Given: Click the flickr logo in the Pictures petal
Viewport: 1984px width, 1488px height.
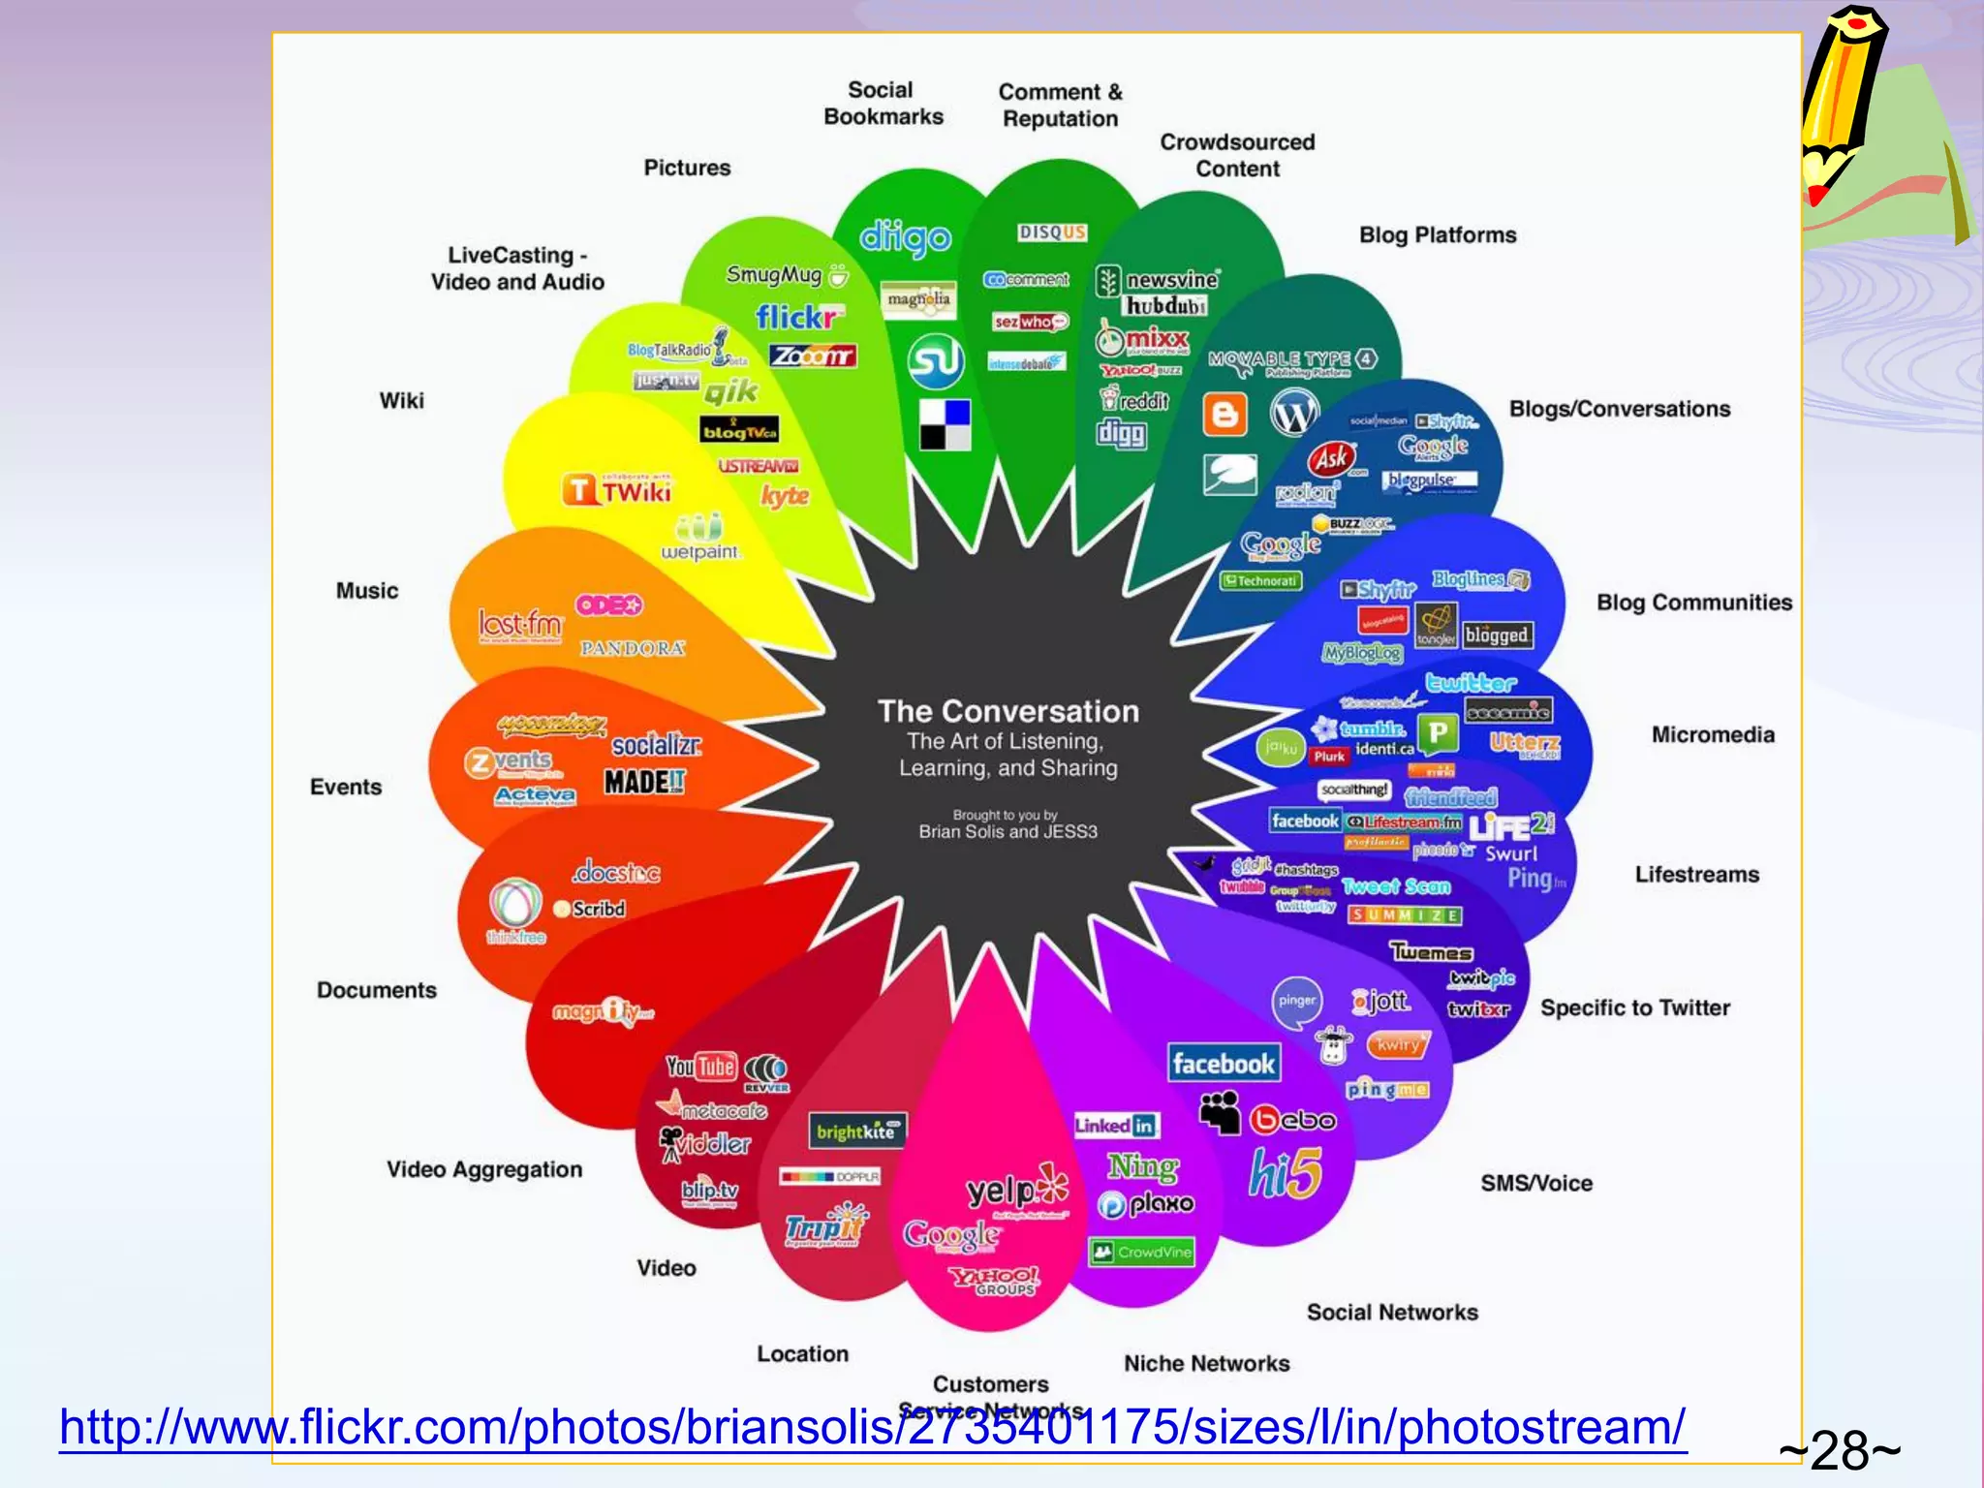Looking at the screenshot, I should tap(797, 317).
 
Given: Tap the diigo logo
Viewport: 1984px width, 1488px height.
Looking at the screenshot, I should tap(905, 237).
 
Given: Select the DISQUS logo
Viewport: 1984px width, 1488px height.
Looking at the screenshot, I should tap(1052, 232).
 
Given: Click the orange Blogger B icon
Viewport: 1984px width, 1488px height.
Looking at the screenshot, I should tap(1224, 415).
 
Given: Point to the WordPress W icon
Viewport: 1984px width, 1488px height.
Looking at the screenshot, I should tap(1294, 414).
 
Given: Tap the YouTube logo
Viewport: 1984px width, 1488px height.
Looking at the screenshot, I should tap(701, 1067).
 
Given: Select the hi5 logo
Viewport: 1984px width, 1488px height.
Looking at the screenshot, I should tap(1285, 1173).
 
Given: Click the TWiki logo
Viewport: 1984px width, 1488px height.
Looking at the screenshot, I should tap(617, 490).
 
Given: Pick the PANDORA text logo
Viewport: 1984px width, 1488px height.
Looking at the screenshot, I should tap(633, 648).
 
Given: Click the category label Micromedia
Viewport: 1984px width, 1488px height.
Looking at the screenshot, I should tap(1712, 734).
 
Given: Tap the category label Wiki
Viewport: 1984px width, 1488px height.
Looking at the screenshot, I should tap(401, 400).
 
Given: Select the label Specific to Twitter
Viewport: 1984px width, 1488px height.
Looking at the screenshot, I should tap(1634, 1007).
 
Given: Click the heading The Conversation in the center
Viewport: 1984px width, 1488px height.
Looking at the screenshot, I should tap(1007, 711).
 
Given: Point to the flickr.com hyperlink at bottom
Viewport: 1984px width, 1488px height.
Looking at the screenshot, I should tap(872, 1427).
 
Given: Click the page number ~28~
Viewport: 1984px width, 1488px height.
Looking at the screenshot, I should tap(1839, 1450).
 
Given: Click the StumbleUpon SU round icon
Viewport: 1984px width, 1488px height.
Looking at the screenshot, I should tap(935, 360).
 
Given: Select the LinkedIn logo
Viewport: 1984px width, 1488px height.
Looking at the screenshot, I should tap(1115, 1126).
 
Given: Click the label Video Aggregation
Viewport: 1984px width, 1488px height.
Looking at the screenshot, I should tap(484, 1169).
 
